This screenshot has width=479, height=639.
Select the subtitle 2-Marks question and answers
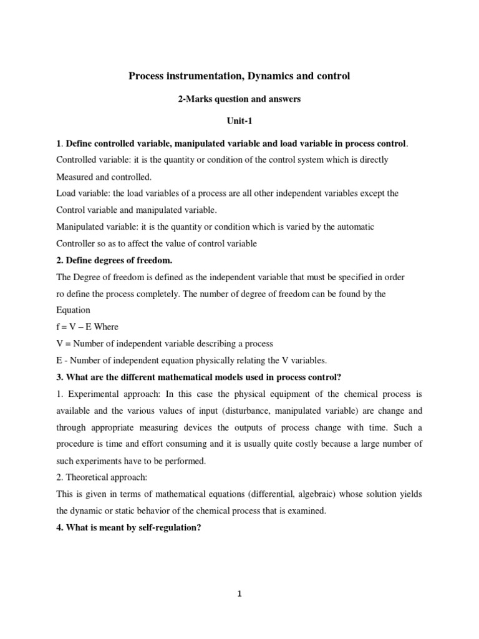(x=239, y=99)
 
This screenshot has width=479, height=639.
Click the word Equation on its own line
(x=73, y=310)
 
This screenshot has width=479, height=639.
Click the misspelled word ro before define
(x=60, y=293)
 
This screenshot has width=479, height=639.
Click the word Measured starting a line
(x=74, y=177)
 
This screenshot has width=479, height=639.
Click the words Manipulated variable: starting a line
(x=95, y=227)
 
